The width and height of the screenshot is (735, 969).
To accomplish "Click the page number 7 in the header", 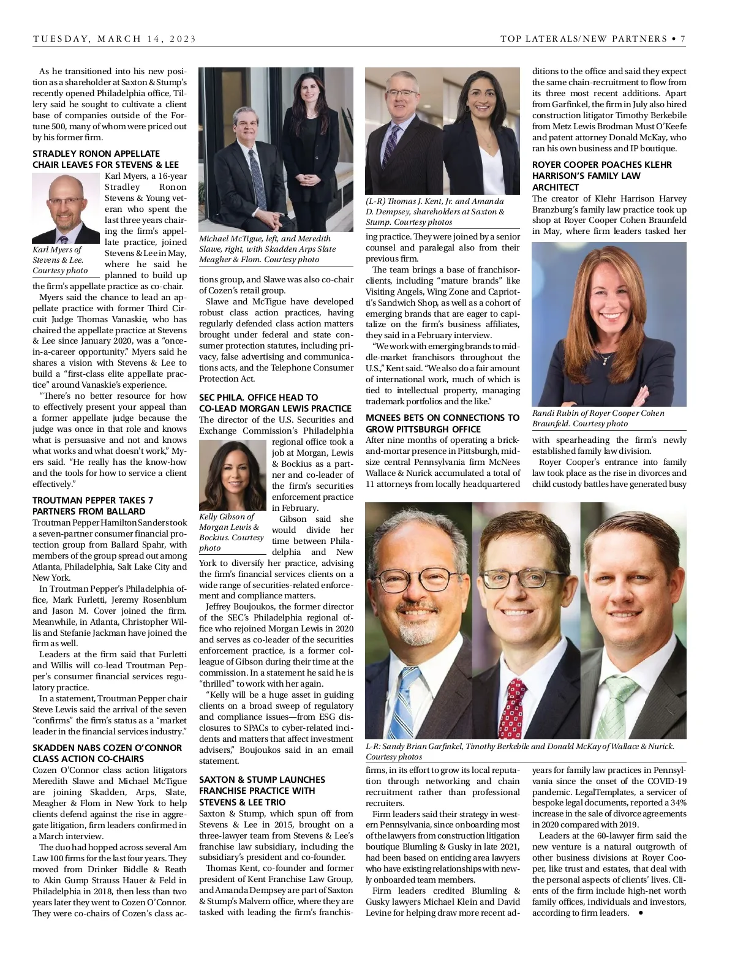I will click(x=682, y=39).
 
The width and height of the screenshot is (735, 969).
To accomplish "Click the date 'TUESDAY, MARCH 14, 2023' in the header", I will click(x=115, y=39).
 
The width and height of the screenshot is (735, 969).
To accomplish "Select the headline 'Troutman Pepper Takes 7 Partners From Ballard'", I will click(x=93, y=505).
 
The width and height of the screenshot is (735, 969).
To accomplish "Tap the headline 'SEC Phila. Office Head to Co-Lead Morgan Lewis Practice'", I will click(x=275, y=402).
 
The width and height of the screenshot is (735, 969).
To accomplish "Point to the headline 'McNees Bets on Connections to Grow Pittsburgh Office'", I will click(x=442, y=423).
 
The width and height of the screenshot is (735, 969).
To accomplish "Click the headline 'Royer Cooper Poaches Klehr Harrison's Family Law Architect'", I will click(x=601, y=176).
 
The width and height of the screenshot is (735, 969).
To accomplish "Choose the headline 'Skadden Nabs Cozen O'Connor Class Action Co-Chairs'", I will click(x=107, y=753).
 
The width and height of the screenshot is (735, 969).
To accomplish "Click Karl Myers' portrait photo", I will click(x=66, y=208).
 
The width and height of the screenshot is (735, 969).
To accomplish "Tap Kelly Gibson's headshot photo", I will click(x=233, y=475).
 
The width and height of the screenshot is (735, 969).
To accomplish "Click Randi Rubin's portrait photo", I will click(x=608, y=324).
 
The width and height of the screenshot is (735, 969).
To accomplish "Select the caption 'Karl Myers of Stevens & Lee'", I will click(x=60, y=260).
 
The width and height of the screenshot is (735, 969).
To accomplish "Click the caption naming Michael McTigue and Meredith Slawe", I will click(x=268, y=249).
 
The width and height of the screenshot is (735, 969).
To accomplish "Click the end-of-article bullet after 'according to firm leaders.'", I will click(x=641, y=913).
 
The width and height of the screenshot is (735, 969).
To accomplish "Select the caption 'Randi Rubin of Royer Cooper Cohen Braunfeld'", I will click(x=598, y=418).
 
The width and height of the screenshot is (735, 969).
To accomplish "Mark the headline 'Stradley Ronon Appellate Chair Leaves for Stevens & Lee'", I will click(x=105, y=159).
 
